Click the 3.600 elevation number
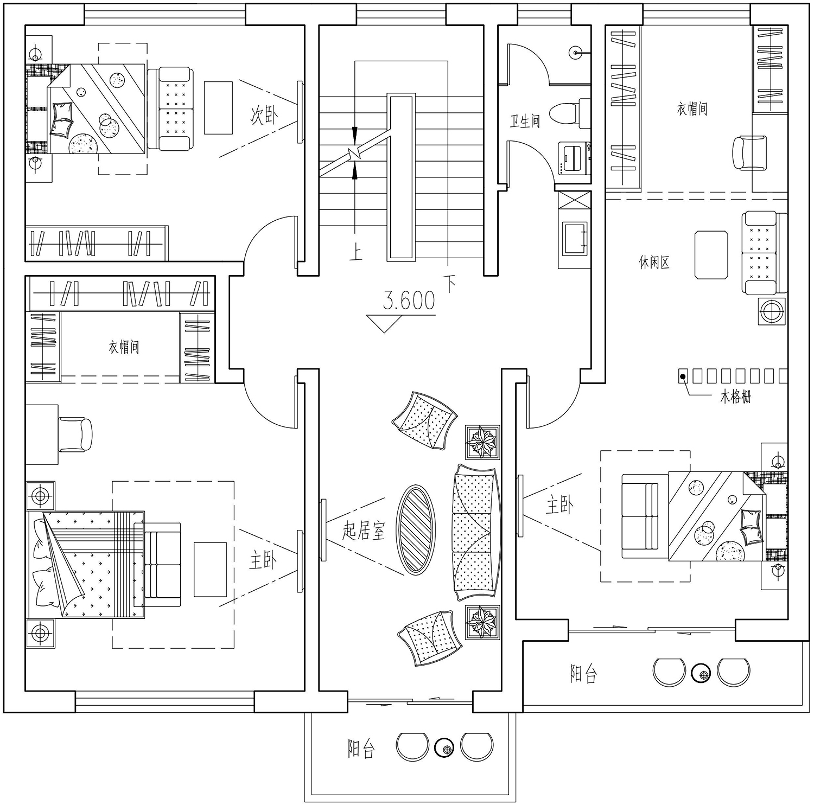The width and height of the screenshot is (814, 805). click(x=409, y=300)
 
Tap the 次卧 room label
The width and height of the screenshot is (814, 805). click(x=264, y=115)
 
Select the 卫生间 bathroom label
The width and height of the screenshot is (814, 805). click(x=525, y=120)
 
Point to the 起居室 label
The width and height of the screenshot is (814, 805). click(x=363, y=531)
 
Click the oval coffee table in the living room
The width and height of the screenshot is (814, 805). click(x=416, y=529)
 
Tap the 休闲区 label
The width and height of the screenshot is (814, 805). click(x=654, y=263)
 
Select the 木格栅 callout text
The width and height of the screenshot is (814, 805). click(x=735, y=397)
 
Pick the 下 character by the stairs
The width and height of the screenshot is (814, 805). click(x=450, y=284)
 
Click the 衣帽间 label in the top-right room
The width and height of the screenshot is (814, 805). click(x=692, y=109)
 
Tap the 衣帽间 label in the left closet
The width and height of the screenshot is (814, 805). click(x=124, y=347)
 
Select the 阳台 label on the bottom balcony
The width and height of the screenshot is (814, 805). click(x=361, y=749)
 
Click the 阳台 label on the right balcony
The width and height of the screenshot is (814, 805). click(x=583, y=673)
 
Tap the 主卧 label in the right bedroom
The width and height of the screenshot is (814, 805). click(x=559, y=505)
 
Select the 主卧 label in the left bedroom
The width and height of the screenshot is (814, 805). click(x=263, y=560)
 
